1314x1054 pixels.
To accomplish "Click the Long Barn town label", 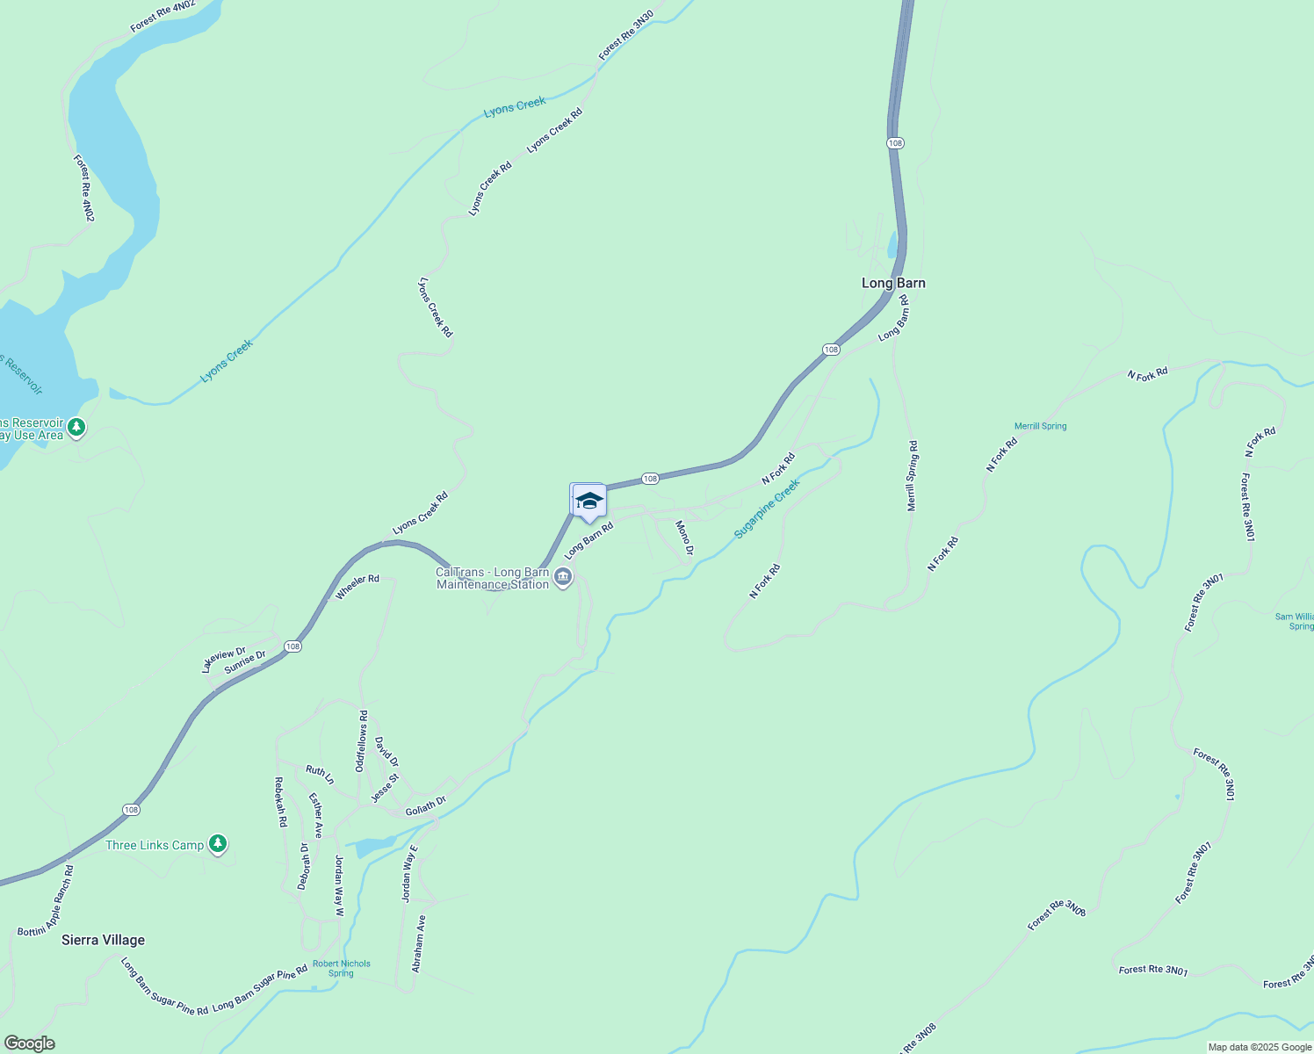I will (893, 283).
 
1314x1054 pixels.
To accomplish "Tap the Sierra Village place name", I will (103, 940).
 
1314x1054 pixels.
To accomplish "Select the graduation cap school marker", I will (588, 502).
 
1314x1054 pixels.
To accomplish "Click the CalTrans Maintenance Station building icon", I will (564, 577).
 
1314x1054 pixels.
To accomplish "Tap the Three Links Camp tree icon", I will (218, 844).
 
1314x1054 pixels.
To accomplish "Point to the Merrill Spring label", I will (1040, 426).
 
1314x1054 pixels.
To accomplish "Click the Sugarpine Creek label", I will (767, 509).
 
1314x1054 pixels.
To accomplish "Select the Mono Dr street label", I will (684, 538).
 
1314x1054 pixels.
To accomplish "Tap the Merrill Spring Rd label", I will (912, 476).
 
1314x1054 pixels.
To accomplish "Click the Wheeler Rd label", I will (357, 587).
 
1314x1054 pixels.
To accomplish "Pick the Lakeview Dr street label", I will (223, 660).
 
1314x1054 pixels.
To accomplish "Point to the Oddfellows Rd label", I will (361, 741).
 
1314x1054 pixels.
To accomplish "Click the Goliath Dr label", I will (425, 806).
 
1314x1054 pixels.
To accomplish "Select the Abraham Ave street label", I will (419, 944).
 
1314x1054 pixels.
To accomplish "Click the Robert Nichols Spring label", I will (342, 968).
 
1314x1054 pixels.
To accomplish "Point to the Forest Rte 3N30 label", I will (625, 35).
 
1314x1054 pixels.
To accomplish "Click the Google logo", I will (29, 1043).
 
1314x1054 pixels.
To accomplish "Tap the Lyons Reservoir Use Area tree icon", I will (77, 428).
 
